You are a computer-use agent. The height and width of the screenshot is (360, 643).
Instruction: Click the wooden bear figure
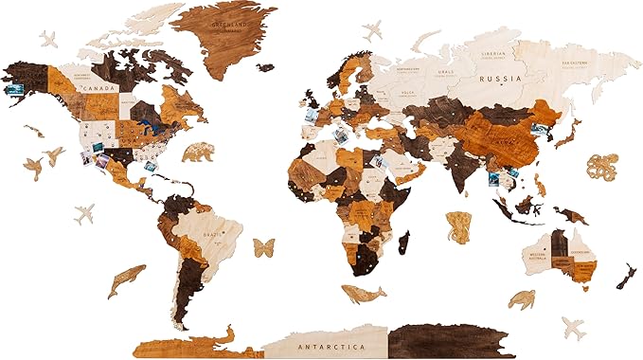[199, 151]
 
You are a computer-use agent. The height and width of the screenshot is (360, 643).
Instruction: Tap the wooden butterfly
[263, 249]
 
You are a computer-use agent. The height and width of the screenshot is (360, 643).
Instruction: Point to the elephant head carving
[458, 226]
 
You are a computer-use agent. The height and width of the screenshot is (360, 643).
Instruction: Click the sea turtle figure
[521, 299]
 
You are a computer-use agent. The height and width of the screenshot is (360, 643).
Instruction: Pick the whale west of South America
[125, 279]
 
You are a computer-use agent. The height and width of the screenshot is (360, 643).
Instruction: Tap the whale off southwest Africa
[363, 295]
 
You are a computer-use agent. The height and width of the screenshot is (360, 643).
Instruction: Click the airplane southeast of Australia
[573, 328]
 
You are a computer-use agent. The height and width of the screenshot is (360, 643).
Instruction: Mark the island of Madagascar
[404, 243]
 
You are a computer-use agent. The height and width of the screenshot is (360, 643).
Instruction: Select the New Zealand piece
[625, 277]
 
